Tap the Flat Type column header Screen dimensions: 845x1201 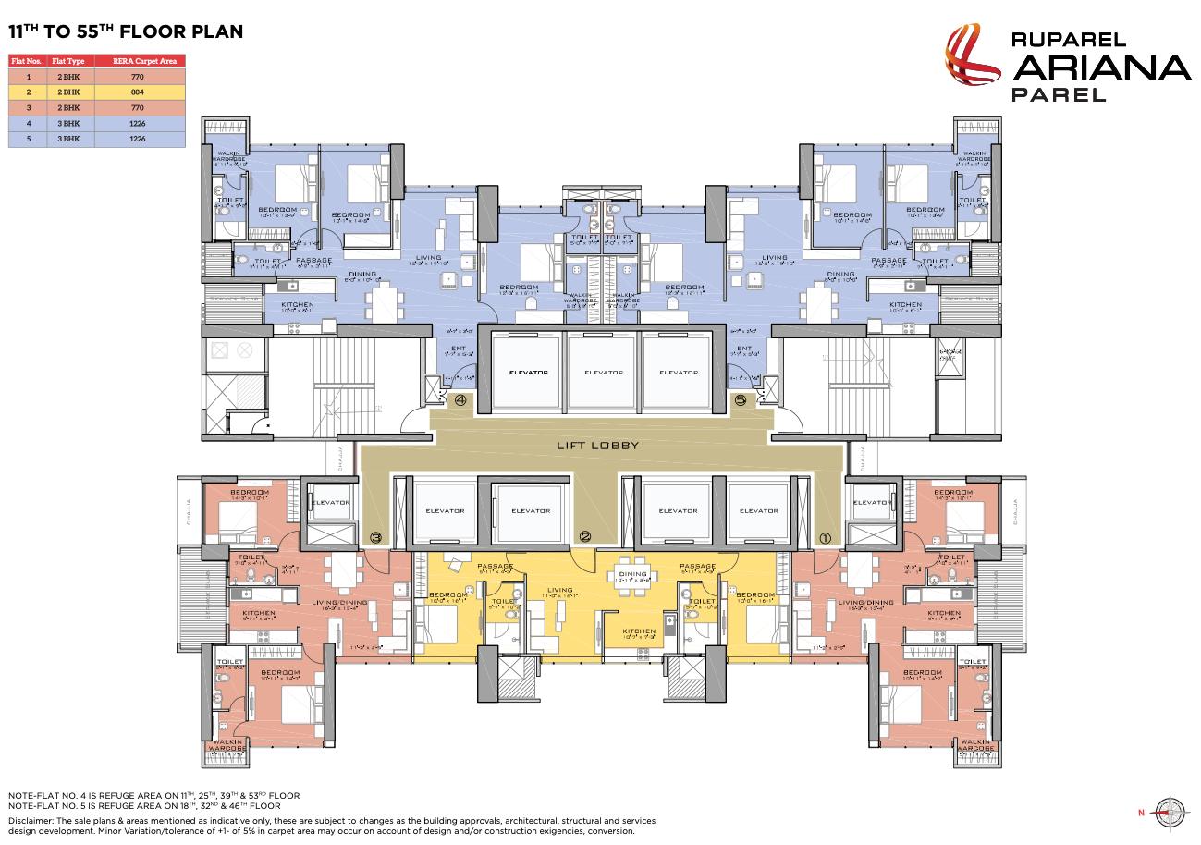(67, 61)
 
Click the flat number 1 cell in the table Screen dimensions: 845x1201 (28, 77)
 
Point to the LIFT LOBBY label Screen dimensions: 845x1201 (597, 446)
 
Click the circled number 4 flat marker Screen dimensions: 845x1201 (460, 401)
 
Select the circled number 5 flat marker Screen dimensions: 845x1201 (739, 401)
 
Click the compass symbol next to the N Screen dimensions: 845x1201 (1170, 810)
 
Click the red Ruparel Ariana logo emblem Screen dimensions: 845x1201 (972, 63)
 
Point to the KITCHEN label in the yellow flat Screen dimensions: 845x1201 (638, 632)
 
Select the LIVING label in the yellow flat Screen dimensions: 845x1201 (559, 590)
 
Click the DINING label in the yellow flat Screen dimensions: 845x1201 (632, 574)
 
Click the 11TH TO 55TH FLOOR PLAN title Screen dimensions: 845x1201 (126, 31)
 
